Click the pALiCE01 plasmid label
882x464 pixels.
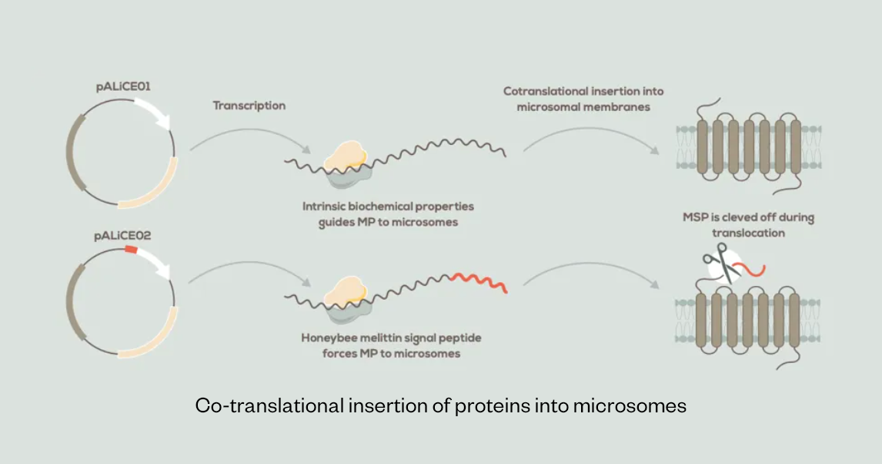coord(123,87)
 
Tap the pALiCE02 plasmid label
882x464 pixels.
coord(122,236)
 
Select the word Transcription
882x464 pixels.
coord(249,106)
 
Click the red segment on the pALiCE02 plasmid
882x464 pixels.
coord(131,249)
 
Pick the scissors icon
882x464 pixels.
coord(722,263)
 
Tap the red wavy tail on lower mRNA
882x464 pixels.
coord(479,281)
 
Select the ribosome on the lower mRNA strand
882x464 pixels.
coord(346,299)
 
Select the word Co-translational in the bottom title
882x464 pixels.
coord(269,405)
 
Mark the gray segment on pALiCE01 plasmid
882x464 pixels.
coord(72,152)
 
